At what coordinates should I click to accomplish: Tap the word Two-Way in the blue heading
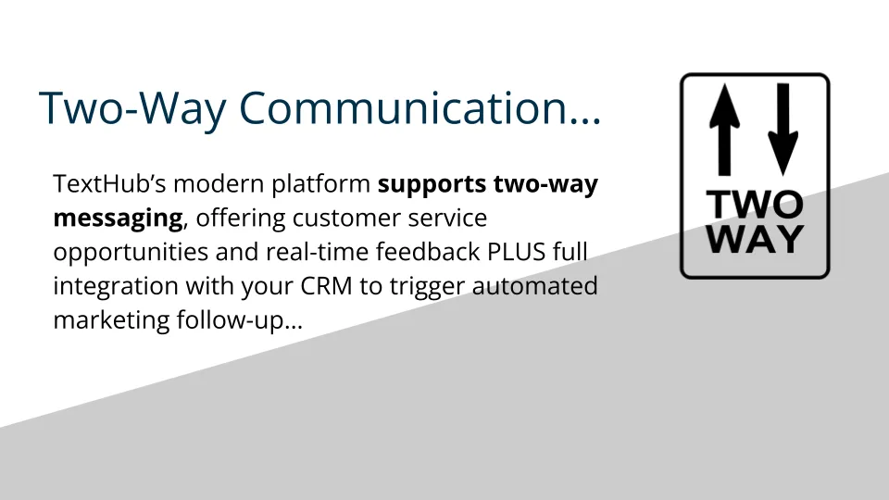[133, 109]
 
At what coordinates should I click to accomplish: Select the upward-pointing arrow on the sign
[724, 130]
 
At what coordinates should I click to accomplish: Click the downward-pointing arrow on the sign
[783, 130]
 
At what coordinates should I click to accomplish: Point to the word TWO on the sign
[755, 205]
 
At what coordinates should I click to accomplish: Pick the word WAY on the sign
[755, 239]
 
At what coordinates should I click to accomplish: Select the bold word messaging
[118, 219]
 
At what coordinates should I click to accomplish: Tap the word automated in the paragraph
[534, 286]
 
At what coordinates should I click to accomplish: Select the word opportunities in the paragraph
[131, 253]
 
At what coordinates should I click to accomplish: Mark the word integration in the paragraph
[116, 287]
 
